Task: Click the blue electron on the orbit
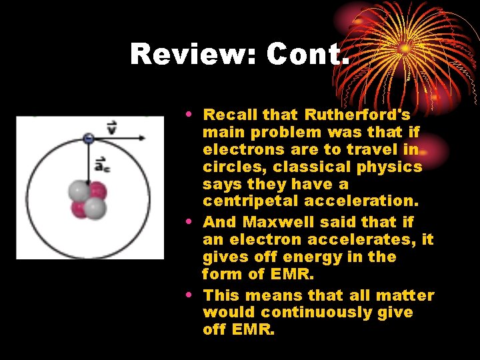coord(88,138)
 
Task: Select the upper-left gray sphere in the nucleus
coord(79,192)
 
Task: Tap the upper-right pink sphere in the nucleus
coord(97,191)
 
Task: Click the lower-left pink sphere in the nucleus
coord(79,209)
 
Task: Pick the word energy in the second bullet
coord(317,257)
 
